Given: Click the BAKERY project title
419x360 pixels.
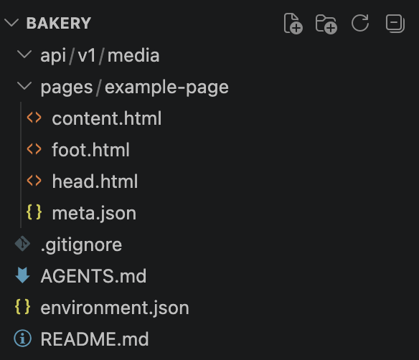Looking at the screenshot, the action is click(59, 23).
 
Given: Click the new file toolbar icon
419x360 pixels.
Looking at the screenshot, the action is click(293, 24).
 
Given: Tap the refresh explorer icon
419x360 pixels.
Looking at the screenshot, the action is click(360, 23).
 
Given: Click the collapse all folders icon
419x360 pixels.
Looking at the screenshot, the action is click(395, 24).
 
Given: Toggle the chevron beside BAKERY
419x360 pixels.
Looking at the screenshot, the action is click(11, 23).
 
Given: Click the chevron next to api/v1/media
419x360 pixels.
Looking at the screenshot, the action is click(24, 55).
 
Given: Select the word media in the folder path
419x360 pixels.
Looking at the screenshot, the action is click(133, 55).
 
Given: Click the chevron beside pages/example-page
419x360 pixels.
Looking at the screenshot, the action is click(24, 86).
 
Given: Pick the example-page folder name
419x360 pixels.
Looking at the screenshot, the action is click(166, 87).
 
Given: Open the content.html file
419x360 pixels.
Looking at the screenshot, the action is click(107, 118).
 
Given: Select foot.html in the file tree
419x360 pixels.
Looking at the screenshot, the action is click(91, 150).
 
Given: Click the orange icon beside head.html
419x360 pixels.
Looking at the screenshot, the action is click(34, 181).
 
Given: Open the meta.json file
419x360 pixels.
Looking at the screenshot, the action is click(94, 214).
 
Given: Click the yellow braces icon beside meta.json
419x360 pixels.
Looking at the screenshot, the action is click(34, 212).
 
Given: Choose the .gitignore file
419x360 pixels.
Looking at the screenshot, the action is click(81, 245).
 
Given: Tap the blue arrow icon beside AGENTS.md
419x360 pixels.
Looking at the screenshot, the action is click(23, 275).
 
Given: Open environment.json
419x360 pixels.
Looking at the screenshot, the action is click(115, 308).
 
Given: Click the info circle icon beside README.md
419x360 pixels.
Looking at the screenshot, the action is click(23, 338).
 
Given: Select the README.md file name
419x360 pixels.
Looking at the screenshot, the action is click(95, 339).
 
